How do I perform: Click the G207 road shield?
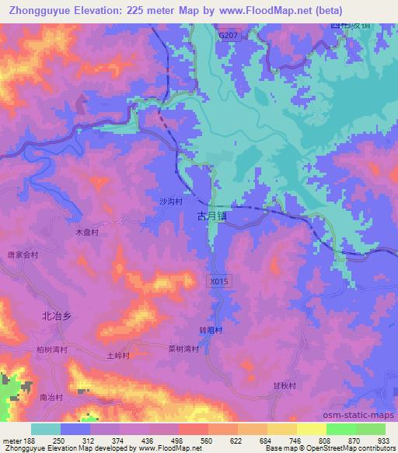point(229,36)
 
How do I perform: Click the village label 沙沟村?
point(171,201)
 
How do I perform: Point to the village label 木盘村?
point(86,232)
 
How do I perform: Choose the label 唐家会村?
point(23,255)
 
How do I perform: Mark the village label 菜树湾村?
point(183,349)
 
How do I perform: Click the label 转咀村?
point(211,330)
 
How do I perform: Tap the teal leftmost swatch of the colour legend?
point(46,429)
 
